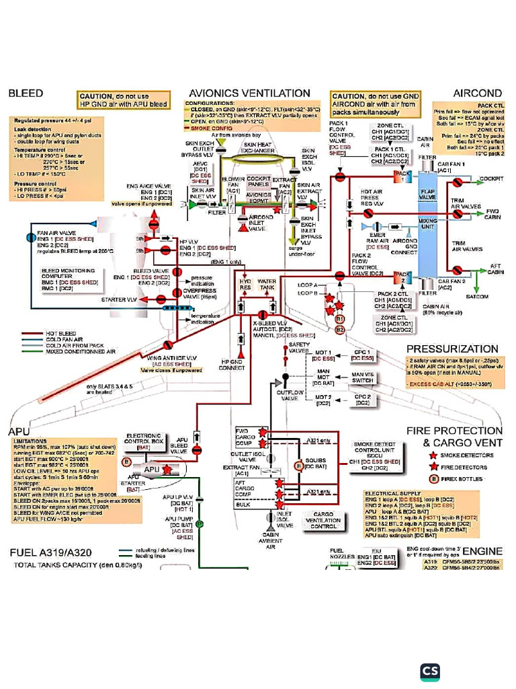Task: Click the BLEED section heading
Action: click(x=26, y=94)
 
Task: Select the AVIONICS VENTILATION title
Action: click(x=249, y=94)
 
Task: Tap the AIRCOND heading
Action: click(x=478, y=94)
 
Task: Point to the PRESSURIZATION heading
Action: click(x=452, y=349)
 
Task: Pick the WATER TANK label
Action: click(x=267, y=285)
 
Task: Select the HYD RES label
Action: click(x=246, y=285)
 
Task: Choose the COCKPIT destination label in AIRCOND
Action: click(x=491, y=180)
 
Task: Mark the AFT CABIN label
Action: click(x=494, y=268)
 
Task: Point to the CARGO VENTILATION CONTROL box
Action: click(x=324, y=519)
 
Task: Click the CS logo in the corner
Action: click(x=430, y=672)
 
